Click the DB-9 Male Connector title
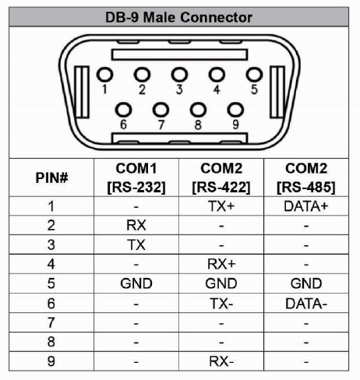[x=178, y=17]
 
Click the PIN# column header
[x=51, y=178]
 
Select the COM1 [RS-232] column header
[x=136, y=178]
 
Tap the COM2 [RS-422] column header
[x=221, y=178]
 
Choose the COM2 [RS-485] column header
[x=306, y=178]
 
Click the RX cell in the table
[x=136, y=225]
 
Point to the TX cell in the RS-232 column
[x=136, y=245]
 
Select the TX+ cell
[x=221, y=206]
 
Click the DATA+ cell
[x=306, y=206]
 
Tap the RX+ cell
[x=221, y=264]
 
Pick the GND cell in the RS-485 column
[x=306, y=283]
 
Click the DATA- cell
[x=306, y=304]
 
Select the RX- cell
[x=221, y=361]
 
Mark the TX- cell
[x=221, y=304]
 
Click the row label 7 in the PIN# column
[x=51, y=322]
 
